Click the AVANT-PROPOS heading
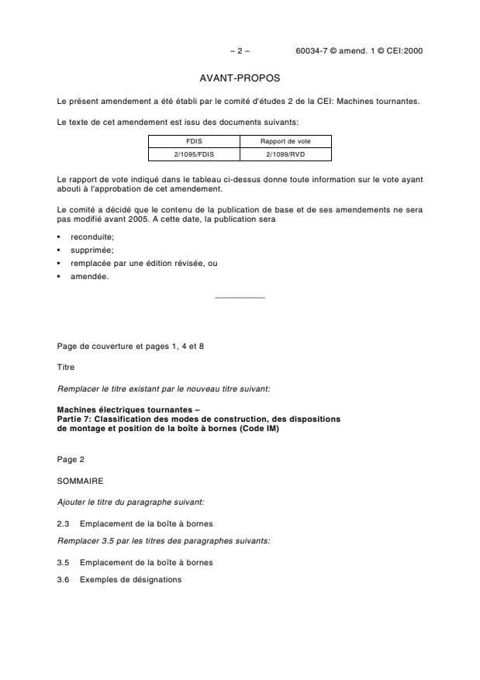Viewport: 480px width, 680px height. click(x=240, y=78)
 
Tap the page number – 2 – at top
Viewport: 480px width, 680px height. click(x=240, y=51)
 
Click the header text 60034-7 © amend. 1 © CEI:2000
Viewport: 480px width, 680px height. click(x=359, y=51)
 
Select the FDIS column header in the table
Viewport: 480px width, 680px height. click(x=194, y=141)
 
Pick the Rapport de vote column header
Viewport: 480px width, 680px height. click(x=285, y=141)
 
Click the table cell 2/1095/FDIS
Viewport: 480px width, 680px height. click(x=194, y=154)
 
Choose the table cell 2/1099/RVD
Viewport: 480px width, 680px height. click(x=285, y=154)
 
